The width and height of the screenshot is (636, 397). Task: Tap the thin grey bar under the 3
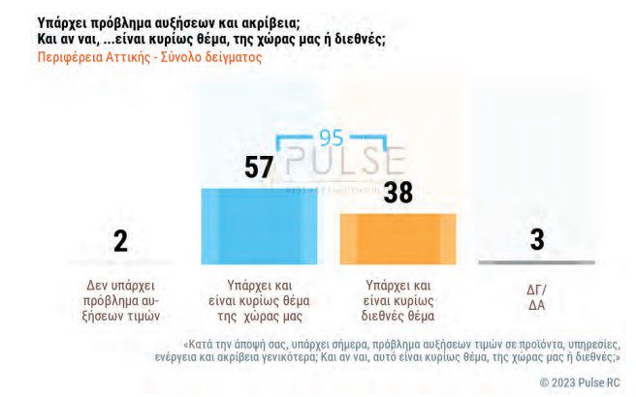pyautogui.click(x=536, y=262)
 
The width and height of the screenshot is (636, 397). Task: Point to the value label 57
pyautogui.click(x=258, y=168)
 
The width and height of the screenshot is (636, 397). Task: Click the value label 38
pyautogui.click(x=397, y=193)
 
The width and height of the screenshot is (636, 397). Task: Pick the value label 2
pyautogui.click(x=120, y=241)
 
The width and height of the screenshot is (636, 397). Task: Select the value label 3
pyautogui.click(x=536, y=239)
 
